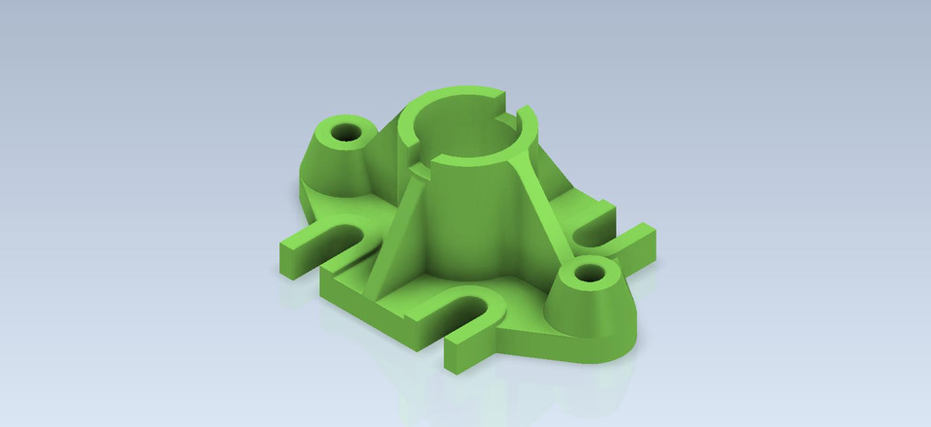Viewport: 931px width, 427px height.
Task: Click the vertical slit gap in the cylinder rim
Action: pyautogui.click(x=515, y=115)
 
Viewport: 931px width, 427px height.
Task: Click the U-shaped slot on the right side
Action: pyautogui.click(x=594, y=230)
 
